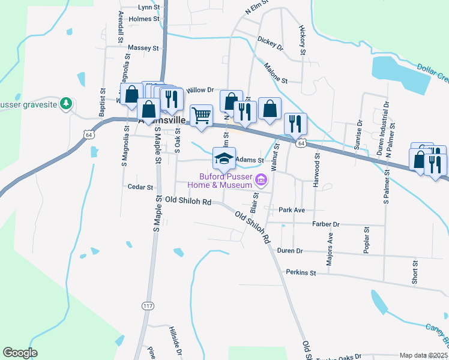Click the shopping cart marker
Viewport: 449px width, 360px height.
click(202, 115)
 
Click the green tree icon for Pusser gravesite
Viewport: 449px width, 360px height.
click(66, 104)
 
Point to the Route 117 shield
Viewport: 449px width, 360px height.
click(147, 306)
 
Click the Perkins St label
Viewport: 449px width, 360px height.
click(301, 272)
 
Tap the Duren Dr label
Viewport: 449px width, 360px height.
click(290, 251)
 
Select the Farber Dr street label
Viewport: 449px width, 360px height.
click(326, 224)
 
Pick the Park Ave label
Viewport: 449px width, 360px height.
click(292, 210)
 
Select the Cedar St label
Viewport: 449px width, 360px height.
click(140, 187)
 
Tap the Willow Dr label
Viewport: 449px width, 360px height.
click(200, 90)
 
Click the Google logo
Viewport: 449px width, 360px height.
click(20, 353)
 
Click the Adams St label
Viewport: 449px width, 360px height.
click(250, 160)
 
